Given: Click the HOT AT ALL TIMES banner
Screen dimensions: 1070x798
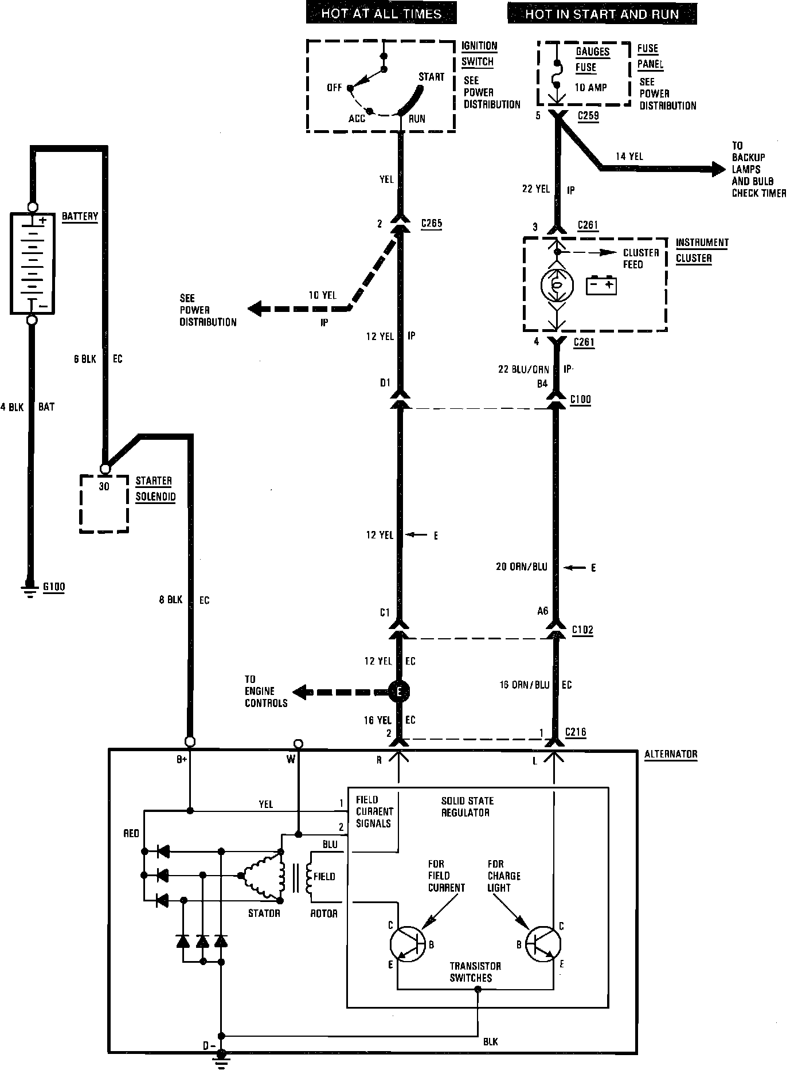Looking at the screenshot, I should [x=381, y=14].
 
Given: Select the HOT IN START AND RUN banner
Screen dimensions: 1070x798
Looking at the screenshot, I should [x=602, y=14].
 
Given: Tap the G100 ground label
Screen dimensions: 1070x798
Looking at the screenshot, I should [x=54, y=587].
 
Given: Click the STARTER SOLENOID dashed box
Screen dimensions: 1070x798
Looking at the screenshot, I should [x=104, y=503].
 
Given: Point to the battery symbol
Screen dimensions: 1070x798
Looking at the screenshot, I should [x=32, y=263].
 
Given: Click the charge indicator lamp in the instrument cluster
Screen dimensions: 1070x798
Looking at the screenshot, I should [x=557, y=286].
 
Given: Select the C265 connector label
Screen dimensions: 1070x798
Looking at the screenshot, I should [x=431, y=224].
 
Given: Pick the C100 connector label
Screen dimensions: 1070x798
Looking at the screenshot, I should [x=581, y=399].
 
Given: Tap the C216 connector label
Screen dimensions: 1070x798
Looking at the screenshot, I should [x=576, y=732].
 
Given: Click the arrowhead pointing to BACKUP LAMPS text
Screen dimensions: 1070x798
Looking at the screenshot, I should [x=718, y=169].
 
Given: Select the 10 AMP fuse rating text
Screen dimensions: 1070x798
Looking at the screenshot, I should [x=591, y=88].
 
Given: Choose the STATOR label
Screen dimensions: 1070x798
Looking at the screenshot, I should [x=264, y=913].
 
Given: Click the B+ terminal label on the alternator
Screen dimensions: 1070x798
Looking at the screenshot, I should [x=181, y=760].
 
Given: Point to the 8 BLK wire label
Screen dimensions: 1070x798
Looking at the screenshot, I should [x=170, y=600].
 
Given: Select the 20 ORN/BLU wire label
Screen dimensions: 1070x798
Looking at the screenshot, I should [x=521, y=567].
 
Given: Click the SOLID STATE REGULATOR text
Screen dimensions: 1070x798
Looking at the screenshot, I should [x=467, y=806].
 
